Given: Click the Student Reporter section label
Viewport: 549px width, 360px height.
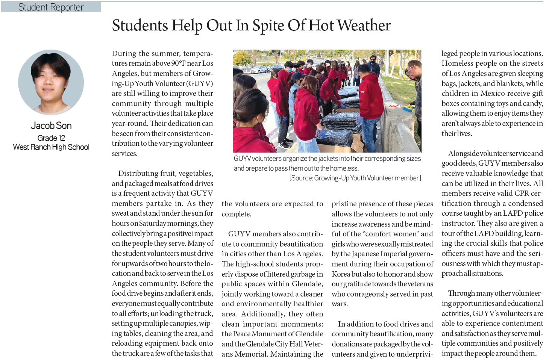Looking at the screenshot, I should coord(51,7).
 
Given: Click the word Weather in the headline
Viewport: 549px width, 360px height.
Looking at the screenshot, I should coord(364,26).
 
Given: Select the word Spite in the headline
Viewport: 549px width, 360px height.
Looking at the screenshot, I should coord(268,26).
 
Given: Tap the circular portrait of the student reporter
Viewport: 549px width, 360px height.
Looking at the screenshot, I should coord(51,82).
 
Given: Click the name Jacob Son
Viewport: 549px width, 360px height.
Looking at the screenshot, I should coord(51,126).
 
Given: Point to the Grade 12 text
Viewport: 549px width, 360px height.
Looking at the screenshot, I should coord(51,138).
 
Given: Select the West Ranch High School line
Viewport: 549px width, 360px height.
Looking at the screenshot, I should coord(51,147).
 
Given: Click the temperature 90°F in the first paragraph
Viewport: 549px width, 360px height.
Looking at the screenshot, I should coord(179,63).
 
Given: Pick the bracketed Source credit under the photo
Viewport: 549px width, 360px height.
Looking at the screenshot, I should coord(355,178).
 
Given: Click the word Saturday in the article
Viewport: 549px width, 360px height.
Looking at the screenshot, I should coord(152,223).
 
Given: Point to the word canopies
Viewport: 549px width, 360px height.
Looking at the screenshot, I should coord(183,323).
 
